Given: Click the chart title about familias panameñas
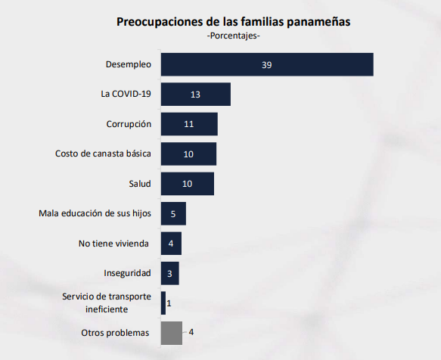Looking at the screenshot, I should click(x=233, y=21).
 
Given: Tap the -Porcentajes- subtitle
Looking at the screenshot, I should click(x=233, y=36).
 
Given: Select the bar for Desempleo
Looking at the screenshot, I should click(x=267, y=64).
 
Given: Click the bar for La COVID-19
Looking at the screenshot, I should click(x=195, y=95).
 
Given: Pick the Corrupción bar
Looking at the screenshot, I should click(x=189, y=124).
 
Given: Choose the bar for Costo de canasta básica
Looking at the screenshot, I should click(x=188, y=154).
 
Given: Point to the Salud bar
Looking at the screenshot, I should click(x=188, y=184).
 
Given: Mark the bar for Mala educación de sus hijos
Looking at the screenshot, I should click(x=173, y=214).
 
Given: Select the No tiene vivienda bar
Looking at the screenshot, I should click(x=171, y=244).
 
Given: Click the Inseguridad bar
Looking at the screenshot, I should click(x=169, y=273).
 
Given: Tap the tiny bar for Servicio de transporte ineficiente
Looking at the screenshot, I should click(x=163, y=303).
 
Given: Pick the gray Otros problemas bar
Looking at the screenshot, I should click(x=172, y=333).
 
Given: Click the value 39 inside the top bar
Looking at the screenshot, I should click(x=267, y=65).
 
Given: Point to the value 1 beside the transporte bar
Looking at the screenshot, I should click(x=169, y=303).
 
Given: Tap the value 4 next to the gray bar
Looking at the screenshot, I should click(x=191, y=333).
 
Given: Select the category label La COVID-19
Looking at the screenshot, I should click(x=126, y=95).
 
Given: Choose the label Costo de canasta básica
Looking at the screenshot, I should click(x=103, y=154).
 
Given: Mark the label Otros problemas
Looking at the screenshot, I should click(x=116, y=333).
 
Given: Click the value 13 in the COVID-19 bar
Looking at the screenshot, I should click(x=195, y=95).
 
